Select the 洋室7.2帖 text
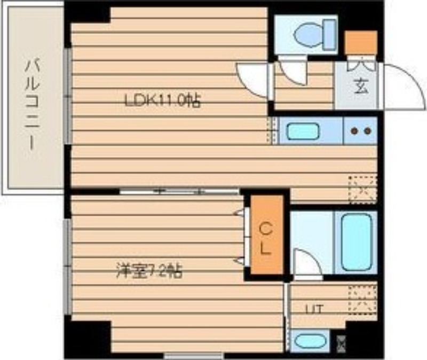tap(149, 271)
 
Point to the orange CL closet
tap(266, 235)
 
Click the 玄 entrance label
tap(361, 87)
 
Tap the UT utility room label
tap(313, 308)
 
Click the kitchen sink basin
tap(302, 131)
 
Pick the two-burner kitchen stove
tap(360, 131)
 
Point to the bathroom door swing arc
tap(307, 264)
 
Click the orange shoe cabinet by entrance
tap(361, 43)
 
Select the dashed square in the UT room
tap(362, 300)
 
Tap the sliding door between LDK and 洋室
tap(179, 191)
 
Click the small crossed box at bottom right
tap(341, 342)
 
